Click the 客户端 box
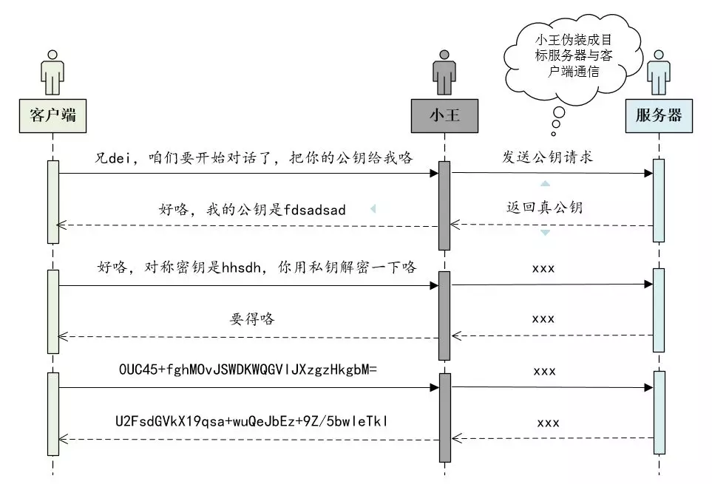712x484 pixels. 53,115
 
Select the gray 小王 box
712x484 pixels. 444,115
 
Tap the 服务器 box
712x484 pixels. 659,115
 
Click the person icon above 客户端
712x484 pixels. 52,72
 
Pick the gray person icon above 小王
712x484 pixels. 444,72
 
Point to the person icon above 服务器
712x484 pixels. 658,72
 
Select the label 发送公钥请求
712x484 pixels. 548,157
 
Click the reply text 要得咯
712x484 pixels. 251,319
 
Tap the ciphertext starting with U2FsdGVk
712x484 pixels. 251,422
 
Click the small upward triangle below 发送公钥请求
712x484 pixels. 545,183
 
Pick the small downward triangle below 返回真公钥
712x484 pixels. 545,233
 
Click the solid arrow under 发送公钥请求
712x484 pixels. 551,174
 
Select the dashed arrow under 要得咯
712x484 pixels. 251,337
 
